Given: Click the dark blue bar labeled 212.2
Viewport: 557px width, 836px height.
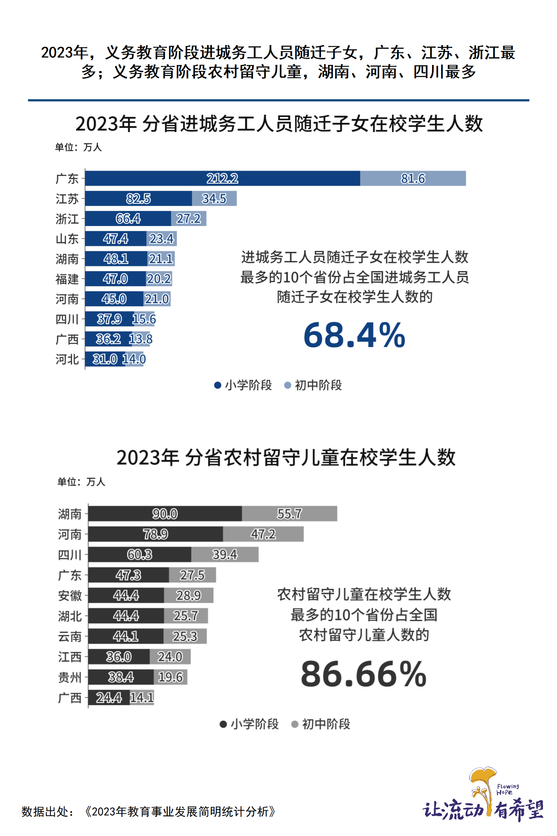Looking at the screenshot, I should pos(222,178).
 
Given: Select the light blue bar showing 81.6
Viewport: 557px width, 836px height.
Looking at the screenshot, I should pos(413,178).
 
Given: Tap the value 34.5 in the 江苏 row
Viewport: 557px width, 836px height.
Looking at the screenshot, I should pos(214,199).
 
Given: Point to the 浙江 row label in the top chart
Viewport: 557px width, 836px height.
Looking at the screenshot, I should pos(67,219).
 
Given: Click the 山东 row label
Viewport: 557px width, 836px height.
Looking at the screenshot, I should pos(67,239).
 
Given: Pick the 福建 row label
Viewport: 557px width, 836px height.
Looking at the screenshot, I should pos(67,279).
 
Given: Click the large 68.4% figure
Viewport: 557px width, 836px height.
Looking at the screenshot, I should pos(354,335).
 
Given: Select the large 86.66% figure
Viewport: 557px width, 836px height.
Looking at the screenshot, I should pos(363,674).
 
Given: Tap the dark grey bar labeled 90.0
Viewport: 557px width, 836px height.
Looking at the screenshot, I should pos(165,514).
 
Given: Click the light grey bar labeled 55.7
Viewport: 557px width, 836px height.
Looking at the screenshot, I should pos(289,514).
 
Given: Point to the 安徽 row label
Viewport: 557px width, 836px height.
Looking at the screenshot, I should pos(70,596).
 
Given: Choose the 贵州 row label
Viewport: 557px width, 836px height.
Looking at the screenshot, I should pos(70,677).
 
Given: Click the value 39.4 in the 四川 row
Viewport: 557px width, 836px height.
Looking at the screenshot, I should pos(224,555).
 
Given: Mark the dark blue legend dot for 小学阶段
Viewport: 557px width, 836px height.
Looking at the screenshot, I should pos(217,385).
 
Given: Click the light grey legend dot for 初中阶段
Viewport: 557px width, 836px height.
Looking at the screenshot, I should pos(295,724).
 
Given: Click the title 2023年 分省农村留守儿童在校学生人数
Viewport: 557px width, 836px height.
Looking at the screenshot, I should pos(286,457).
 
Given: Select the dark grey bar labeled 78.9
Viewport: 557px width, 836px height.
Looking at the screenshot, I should pos(155,534).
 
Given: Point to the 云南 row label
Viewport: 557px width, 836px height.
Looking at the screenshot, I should pos(70,636).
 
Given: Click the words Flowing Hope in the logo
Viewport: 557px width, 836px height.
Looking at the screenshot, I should pos(507,789).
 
